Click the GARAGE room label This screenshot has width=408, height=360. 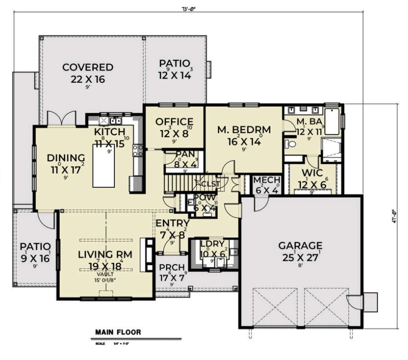coord(300,245)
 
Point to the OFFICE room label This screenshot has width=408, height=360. coord(174,122)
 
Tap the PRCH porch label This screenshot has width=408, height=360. coord(172,267)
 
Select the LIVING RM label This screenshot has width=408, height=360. coord(105,255)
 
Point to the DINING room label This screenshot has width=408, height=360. coord(66,158)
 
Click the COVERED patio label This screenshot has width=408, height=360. coord(88,68)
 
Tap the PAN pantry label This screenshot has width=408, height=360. coord(181,154)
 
